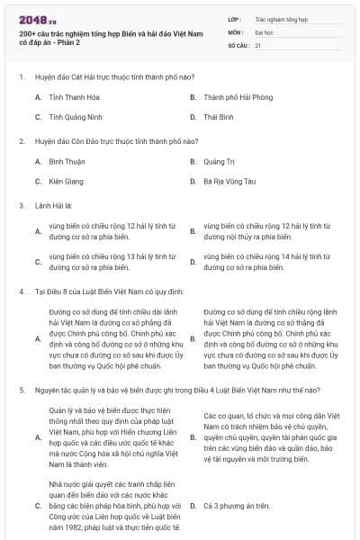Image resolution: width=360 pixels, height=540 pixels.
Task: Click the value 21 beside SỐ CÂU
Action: pyautogui.click(x=257, y=43)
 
